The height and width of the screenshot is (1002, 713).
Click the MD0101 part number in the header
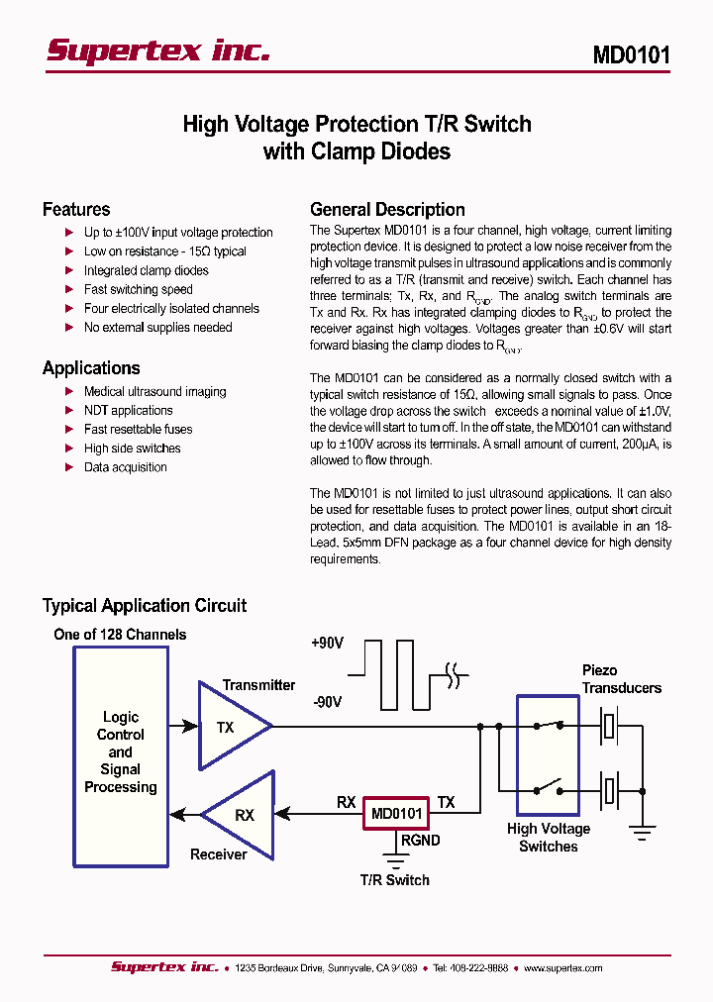pyautogui.click(x=631, y=54)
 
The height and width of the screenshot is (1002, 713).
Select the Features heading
pyautogui.click(x=76, y=209)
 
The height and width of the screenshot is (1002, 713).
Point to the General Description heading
pyautogui.click(x=387, y=209)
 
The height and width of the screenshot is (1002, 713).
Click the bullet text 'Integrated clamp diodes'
pyautogui.click(x=146, y=270)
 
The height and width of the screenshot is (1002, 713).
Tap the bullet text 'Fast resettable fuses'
pyautogui.click(x=138, y=429)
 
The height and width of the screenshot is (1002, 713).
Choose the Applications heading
pyautogui.click(x=91, y=367)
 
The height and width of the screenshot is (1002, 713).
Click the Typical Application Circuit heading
pyautogui.click(x=145, y=605)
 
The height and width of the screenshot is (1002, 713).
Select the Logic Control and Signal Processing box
pyautogui.click(x=120, y=752)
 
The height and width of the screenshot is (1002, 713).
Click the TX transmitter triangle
pyautogui.click(x=231, y=727)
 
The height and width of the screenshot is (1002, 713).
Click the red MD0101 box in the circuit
pyautogui.click(x=396, y=814)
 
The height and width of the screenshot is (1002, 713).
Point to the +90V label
pyautogui.click(x=327, y=643)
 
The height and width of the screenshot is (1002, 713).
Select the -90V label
pyautogui.click(x=327, y=702)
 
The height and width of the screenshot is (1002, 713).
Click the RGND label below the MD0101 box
pyautogui.click(x=420, y=840)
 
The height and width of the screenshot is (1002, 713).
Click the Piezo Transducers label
pyautogui.click(x=621, y=679)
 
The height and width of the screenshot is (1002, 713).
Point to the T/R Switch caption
pyautogui.click(x=394, y=879)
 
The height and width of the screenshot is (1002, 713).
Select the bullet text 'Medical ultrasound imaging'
pyautogui.click(x=154, y=391)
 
